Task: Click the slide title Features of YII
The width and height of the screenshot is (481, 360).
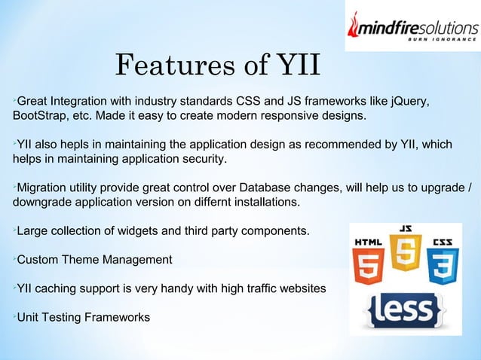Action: tap(218, 66)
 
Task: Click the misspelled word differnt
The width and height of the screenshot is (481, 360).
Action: tap(214, 203)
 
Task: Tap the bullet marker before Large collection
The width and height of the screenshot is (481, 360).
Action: tap(14, 230)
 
